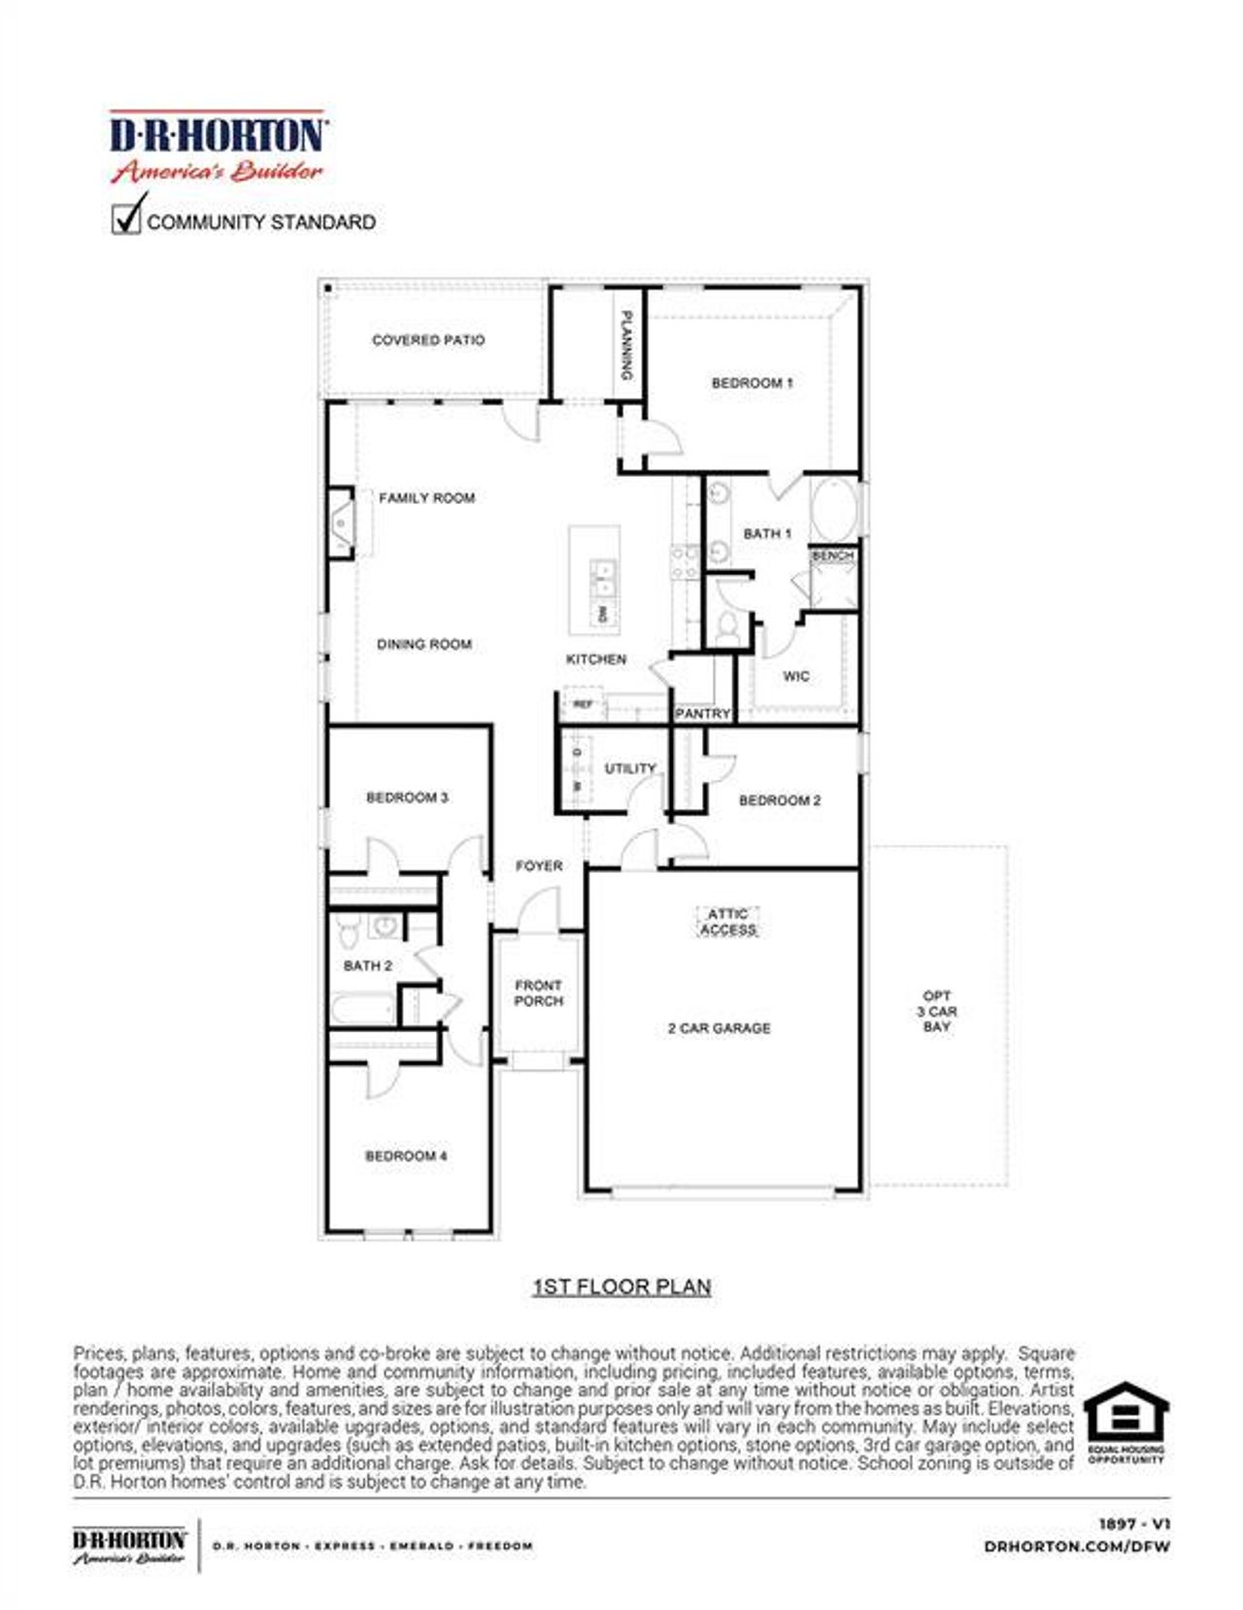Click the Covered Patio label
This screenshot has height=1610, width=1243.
[428, 340]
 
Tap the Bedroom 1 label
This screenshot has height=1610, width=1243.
[752, 383]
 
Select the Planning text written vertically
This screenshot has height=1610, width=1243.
[626, 346]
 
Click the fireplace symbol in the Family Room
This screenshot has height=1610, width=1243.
[341, 523]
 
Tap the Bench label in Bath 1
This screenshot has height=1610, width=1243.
[832, 555]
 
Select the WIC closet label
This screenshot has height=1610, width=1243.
[795, 676]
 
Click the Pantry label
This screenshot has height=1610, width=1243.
[702, 713]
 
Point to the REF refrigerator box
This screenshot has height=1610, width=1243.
[583, 704]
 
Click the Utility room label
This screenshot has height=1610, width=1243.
[630, 768]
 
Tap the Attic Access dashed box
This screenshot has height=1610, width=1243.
[727, 922]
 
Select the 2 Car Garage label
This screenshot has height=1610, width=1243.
[719, 1027]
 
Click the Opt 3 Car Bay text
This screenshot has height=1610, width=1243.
[937, 1011]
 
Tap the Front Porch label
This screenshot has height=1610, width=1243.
[538, 992]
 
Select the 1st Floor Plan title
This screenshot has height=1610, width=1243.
[621, 1287]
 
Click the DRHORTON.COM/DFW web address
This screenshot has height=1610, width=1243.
[1076, 1546]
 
